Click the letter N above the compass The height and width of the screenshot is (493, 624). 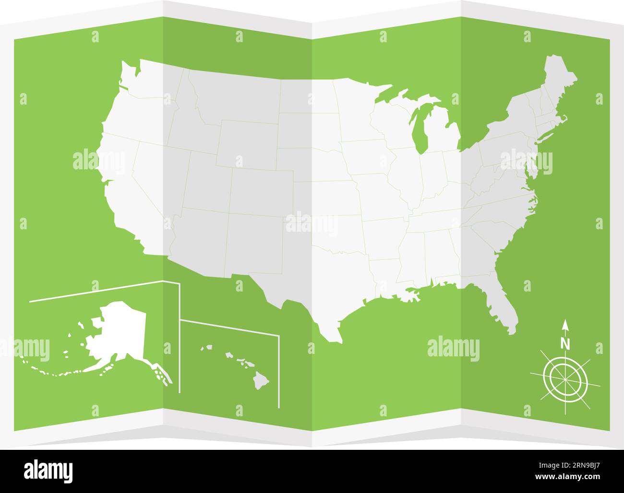point(565,343)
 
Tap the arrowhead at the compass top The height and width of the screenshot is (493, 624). point(565,325)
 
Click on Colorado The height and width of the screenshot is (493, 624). point(262,192)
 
